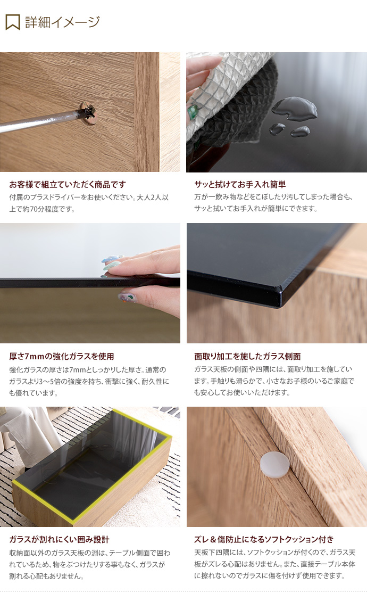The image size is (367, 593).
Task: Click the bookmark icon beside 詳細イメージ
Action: pos(12,22)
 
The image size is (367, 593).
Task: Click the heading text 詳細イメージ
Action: pos(63,22)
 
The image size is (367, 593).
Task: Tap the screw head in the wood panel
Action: pos(88,113)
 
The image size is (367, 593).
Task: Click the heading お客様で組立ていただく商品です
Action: pos(68,185)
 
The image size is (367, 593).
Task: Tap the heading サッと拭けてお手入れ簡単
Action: pos(240,185)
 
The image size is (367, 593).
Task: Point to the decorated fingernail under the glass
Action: pos(128,297)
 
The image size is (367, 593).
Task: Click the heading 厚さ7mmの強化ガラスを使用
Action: pos(62,356)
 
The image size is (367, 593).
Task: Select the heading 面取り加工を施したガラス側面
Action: pos(247,356)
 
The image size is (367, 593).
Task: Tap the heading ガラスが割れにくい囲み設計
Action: pos(60,540)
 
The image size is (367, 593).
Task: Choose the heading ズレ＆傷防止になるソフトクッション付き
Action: pos(264,539)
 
